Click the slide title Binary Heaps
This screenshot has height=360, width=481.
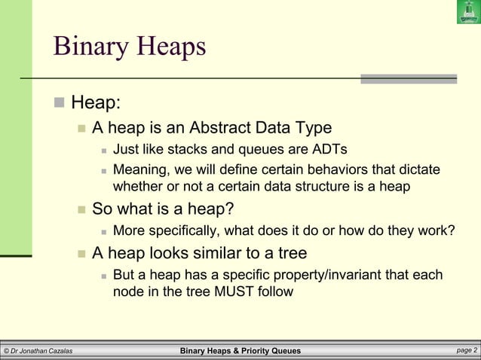(129, 47)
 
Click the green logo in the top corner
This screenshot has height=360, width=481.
(467, 12)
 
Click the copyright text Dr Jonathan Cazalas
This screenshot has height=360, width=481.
(39, 351)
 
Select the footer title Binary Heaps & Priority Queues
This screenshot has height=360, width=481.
(240, 351)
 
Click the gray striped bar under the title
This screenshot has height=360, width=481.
(408, 78)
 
